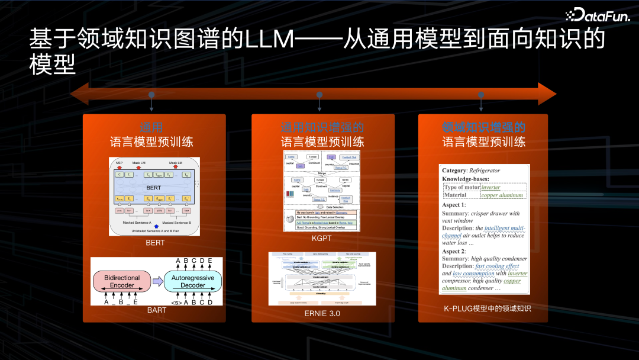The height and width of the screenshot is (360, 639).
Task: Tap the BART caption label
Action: coord(157,310)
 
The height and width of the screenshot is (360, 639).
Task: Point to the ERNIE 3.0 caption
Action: coord(322,313)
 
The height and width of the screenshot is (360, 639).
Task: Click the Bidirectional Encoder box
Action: coord(122,281)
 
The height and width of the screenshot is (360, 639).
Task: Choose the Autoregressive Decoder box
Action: coord(192,281)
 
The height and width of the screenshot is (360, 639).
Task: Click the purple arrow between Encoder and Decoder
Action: coord(157,281)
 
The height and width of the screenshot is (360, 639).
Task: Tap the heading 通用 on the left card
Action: coord(151,127)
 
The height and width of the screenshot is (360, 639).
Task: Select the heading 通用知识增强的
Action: coord(322,127)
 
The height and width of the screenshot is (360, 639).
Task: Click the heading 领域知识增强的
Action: coord(483,127)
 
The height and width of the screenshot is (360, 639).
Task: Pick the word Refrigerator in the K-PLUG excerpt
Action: coord(485,171)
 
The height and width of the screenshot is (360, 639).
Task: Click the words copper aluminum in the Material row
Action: coord(502,195)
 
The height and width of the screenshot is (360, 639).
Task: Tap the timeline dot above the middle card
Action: coord(319,95)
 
